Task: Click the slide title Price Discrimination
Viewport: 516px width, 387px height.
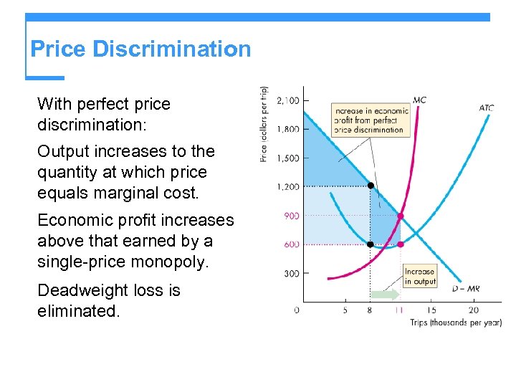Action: pos(140,49)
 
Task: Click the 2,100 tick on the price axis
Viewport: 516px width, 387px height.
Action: pos(287,100)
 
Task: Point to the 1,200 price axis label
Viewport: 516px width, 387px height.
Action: pos(287,186)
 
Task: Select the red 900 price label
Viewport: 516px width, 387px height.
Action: pos(290,216)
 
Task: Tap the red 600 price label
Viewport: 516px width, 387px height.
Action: pos(290,244)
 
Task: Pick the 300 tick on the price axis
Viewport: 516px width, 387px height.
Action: pos(290,273)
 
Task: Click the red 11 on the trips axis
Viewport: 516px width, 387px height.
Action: pos(400,310)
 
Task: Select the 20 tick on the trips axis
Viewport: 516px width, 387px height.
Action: pos(474,310)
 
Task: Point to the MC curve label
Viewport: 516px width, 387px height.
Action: pos(419,100)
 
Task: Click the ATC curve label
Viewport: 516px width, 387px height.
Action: pos(486,108)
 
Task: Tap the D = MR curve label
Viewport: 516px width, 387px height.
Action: pos(466,289)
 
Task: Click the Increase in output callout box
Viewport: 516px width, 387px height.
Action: pos(419,277)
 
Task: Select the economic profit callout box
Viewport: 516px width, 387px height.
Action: pos(371,120)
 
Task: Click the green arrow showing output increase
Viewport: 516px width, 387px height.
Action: pos(385,294)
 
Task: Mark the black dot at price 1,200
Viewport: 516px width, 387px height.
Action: pos(371,186)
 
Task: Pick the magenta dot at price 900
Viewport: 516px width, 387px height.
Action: pos(401,216)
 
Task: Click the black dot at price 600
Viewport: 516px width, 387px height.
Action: pos(371,244)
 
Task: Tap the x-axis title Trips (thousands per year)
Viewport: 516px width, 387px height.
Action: pos(455,322)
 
